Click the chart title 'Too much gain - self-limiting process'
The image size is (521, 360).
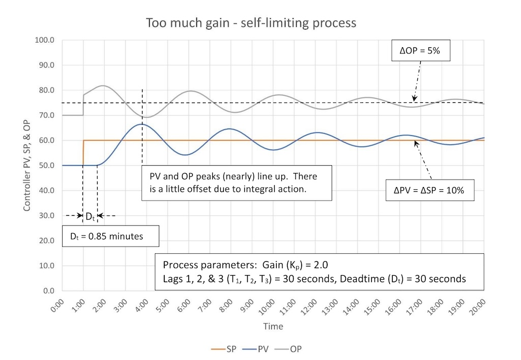(x=251, y=23)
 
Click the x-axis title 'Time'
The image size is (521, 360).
(x=273, y=326)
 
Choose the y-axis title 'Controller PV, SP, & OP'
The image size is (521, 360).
(x=26, y=165)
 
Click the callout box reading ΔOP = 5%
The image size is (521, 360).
(x=422, y=51)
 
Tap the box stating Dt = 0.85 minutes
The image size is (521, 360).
(x=110, y=236)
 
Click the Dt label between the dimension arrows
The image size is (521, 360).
(x=90, y=216)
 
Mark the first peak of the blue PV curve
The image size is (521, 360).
(x=142, y=124)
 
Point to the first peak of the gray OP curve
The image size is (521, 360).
(x=103, y=85)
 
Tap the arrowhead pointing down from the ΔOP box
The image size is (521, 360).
(x=415, y=99)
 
